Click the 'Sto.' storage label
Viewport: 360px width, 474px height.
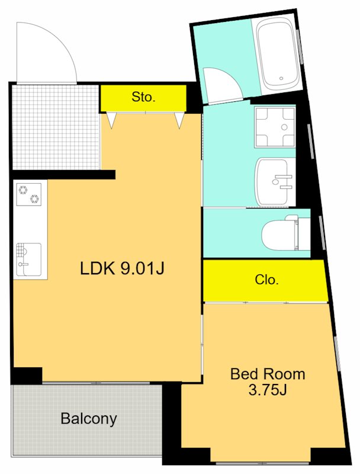point(143,97)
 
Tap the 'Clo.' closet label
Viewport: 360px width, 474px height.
point(266,280)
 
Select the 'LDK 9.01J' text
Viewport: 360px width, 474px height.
point(122,268)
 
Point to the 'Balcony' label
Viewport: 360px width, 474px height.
point(89,419)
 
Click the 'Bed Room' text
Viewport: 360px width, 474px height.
point(268,374)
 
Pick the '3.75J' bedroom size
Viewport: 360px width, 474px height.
point(267,390)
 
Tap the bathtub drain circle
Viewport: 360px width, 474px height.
point(281,78)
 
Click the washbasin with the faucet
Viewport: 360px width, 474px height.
point(274,181)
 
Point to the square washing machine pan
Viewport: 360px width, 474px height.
point(274,127)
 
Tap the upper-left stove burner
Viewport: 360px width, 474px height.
point(23,190)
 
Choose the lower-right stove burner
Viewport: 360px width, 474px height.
point(35,198)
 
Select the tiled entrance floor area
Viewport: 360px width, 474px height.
point(56,127)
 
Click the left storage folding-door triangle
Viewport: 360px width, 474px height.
point(112,121)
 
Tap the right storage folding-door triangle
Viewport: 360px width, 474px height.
point(179,121)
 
